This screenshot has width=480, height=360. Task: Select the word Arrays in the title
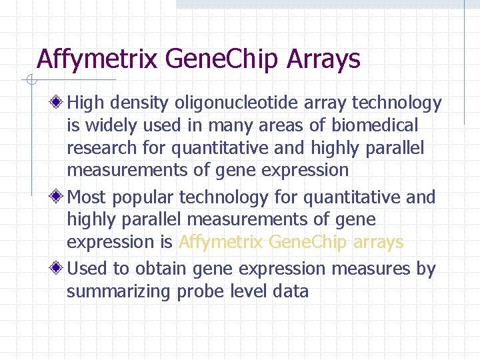coord(323,59)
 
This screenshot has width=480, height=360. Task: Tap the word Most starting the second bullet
coord(87,197)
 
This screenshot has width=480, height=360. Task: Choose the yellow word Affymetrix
coord(221,241)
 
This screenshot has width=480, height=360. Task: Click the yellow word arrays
coord(377,241)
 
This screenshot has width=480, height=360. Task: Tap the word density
coord(139,103)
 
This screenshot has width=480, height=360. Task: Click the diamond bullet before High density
coord(59,103)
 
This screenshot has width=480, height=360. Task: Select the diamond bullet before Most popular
coord(59,197)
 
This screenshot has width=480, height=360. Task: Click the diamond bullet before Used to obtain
coord(59,269)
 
